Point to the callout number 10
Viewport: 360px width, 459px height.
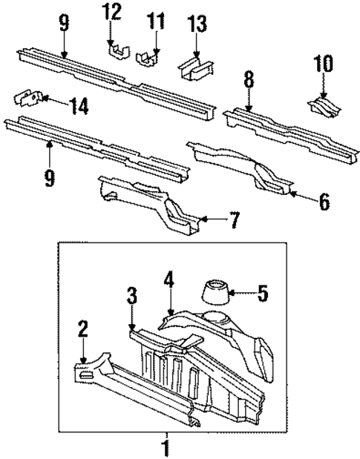click(324, 65)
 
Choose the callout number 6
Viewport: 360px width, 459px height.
click(324, 200)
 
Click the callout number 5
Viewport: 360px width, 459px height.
click(261, 293)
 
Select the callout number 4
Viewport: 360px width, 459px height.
click(169, 280)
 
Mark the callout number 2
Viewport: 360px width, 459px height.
click(82, 329)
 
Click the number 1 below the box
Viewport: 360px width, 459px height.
click(166, 449)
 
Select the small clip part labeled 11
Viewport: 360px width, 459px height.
click(148, 56)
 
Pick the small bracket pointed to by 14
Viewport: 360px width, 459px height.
click(29, 99)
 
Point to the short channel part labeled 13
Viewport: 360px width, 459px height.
click(195, 68)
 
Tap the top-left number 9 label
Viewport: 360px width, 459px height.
click(64, 22)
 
